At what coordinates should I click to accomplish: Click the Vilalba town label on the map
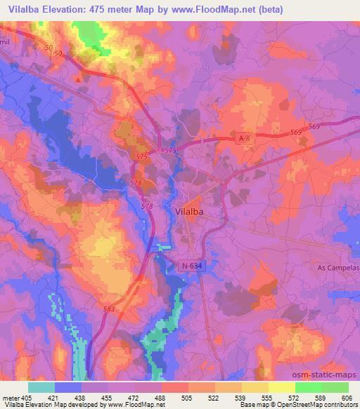188,209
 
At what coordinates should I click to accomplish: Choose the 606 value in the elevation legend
347,397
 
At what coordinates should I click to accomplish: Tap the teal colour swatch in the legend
41,387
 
